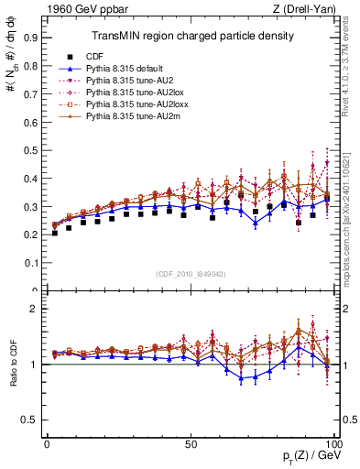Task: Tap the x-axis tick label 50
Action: (x=191, y=443)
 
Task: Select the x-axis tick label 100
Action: (x=333, y=443)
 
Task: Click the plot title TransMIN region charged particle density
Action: (x=191, y=36)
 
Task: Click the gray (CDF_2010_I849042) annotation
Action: (x=191, y=273)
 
